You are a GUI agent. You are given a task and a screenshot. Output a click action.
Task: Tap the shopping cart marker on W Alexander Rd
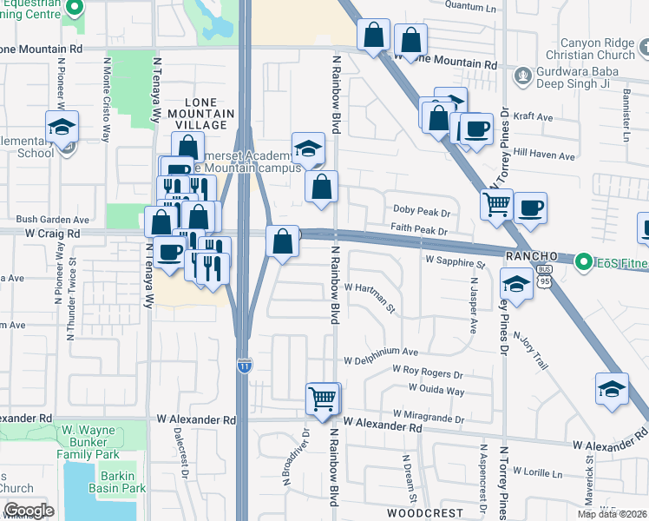coord(323,400)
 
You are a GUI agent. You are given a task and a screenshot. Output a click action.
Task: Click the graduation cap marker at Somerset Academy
coord(308,149)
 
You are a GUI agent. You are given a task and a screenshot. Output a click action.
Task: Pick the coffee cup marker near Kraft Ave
coord(476,129)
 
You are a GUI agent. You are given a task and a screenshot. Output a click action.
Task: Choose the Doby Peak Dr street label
coord(422,213)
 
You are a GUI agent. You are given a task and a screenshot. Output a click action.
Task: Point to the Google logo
coord(29,511)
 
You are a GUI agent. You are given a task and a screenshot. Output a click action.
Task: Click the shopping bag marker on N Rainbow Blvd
coord(321,187)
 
